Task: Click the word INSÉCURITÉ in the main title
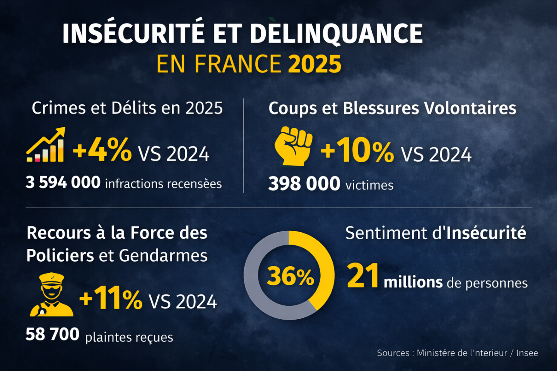pyautogui.click(x=133, y=33)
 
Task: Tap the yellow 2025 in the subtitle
pyautogui.click(x=315, y=64)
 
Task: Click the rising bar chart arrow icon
pyautogui.click(x=46, y=145)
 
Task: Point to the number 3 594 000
pyautogui.click(x=63, y=182)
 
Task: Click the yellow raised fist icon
pyautogui.click(x=293, y=146)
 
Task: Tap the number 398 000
pyautogui.click(x=304, y=184)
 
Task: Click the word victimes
pyautogui.click(x=369, y=185)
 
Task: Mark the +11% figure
pyautogui.click(x=111, y=298)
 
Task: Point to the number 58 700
pyautogui.click(x=53, y=334)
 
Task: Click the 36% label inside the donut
pyautogui.click(x=290, y=277)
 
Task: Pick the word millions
pyautogui.click(x=413, y=283)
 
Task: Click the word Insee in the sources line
pyautogui.click(x=527, y=353)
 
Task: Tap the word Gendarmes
pyautogui.click(x=163, y=256)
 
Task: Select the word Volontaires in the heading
pyautogui.click(x=470, y=108)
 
